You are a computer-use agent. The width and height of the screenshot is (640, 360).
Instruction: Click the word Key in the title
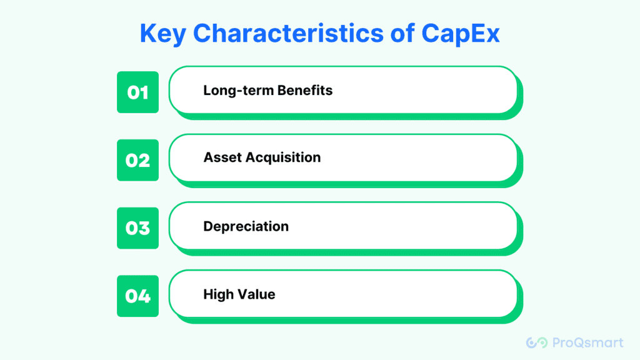(x=163, y=34)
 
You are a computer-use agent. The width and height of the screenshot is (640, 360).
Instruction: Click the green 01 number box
(x=137, y=92)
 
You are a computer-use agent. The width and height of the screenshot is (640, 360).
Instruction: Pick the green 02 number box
(x=137, y=160)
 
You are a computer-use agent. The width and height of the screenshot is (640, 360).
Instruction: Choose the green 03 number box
(x=137, y=227)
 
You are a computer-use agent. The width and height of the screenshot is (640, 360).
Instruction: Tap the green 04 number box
(x=137, y=296)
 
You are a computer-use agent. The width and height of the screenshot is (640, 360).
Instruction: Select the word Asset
(x=222, y=157)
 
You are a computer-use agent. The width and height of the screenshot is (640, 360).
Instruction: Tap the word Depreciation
(x=246, y=226)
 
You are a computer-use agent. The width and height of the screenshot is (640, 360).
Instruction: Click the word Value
(x=257, y=294)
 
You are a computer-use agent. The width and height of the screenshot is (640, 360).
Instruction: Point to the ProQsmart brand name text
(x=587, y=342)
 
